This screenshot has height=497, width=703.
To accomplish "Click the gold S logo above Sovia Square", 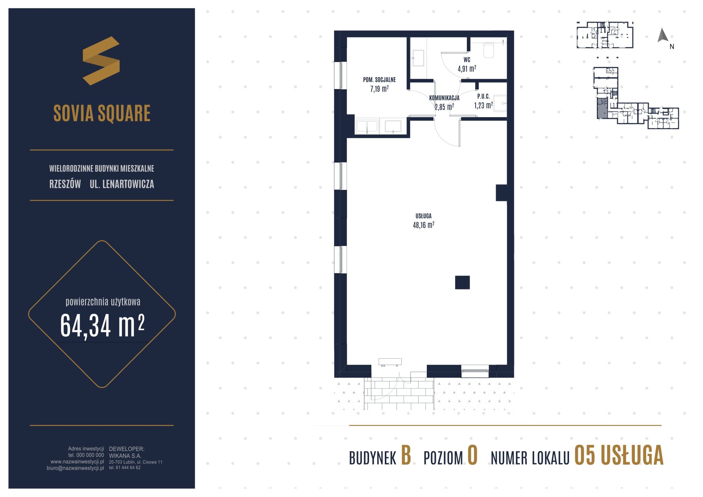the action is click(101, 60).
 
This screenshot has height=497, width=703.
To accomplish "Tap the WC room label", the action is click(466, 60).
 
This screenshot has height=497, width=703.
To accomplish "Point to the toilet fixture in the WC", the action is click(489, 51).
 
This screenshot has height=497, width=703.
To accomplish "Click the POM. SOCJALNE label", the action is click(379, 80).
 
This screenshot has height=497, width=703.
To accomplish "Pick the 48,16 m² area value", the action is click(424, 225).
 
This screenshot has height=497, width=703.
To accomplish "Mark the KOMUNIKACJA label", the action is click(444, 98).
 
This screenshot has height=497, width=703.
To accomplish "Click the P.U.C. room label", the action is click(483, 97).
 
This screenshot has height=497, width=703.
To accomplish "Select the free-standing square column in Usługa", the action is click(462, 283).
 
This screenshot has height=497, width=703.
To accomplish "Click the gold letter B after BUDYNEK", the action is click(406, 456).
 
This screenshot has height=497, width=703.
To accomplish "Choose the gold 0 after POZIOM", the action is click(473, 456).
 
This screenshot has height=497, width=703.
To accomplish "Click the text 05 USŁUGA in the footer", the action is click(619, 456).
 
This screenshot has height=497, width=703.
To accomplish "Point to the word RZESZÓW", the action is click(65, 184).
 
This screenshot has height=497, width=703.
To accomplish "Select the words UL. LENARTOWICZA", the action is click(122, 184).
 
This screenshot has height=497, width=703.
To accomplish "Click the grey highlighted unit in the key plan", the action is click(602, 108).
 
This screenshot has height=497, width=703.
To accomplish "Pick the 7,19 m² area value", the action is click(379, 89).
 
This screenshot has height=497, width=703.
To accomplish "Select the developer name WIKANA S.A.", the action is click(125, 456).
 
